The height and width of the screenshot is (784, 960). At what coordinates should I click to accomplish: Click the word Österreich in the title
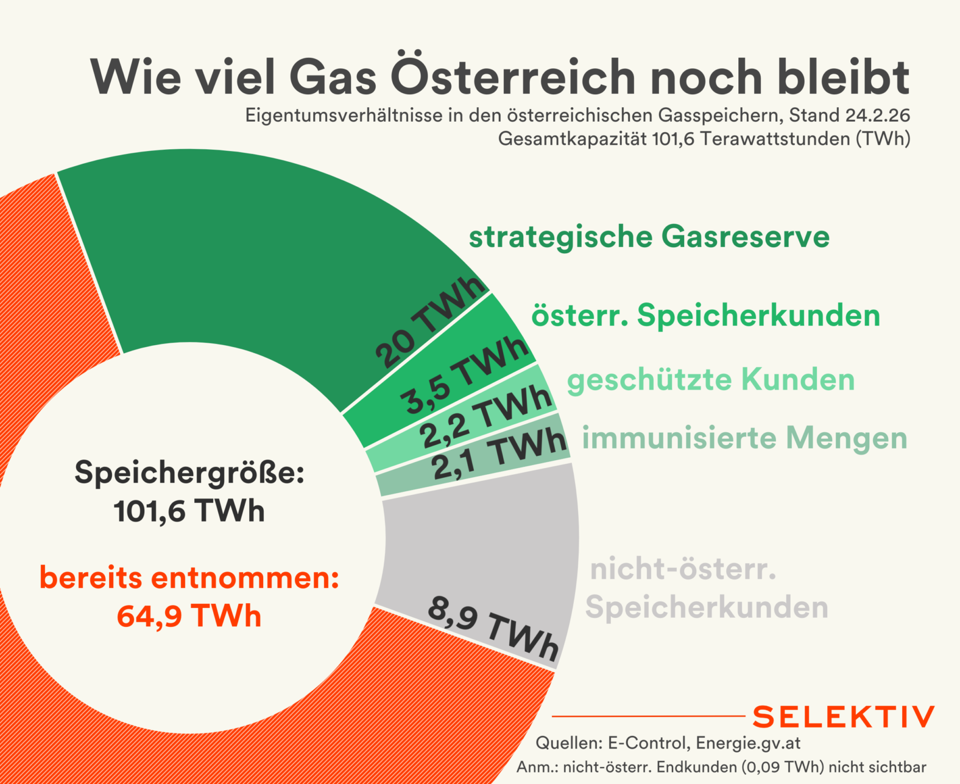[514, 77]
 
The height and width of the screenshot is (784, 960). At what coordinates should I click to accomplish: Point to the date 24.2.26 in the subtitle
[878, 115]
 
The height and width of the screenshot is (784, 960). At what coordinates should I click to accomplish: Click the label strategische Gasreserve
[649, 237]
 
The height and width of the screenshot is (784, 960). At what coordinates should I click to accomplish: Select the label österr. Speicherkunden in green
[705, 315]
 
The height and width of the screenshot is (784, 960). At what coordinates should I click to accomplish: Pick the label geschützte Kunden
[710, 380]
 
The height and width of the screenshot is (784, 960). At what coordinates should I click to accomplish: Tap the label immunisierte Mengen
[744, 438]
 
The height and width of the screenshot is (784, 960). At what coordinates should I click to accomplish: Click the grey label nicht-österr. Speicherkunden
[707, 589]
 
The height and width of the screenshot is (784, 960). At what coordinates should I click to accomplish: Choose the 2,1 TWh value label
[499, 453]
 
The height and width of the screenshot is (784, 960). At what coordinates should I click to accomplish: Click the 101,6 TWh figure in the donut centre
[189, 511]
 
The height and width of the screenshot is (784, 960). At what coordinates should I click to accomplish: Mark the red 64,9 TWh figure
[189, 615]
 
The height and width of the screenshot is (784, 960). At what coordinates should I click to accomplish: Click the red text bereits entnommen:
[189, 578]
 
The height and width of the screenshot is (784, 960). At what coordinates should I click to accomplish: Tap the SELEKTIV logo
[843, 717]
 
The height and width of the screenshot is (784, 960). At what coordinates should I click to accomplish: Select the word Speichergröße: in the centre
[189, 472]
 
